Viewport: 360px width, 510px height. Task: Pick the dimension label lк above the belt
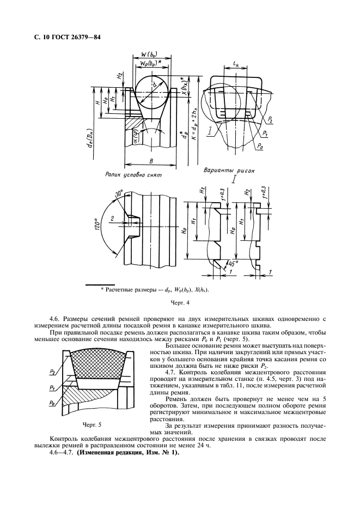click(236, 66)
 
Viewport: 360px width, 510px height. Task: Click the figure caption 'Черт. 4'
click(179, 301)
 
